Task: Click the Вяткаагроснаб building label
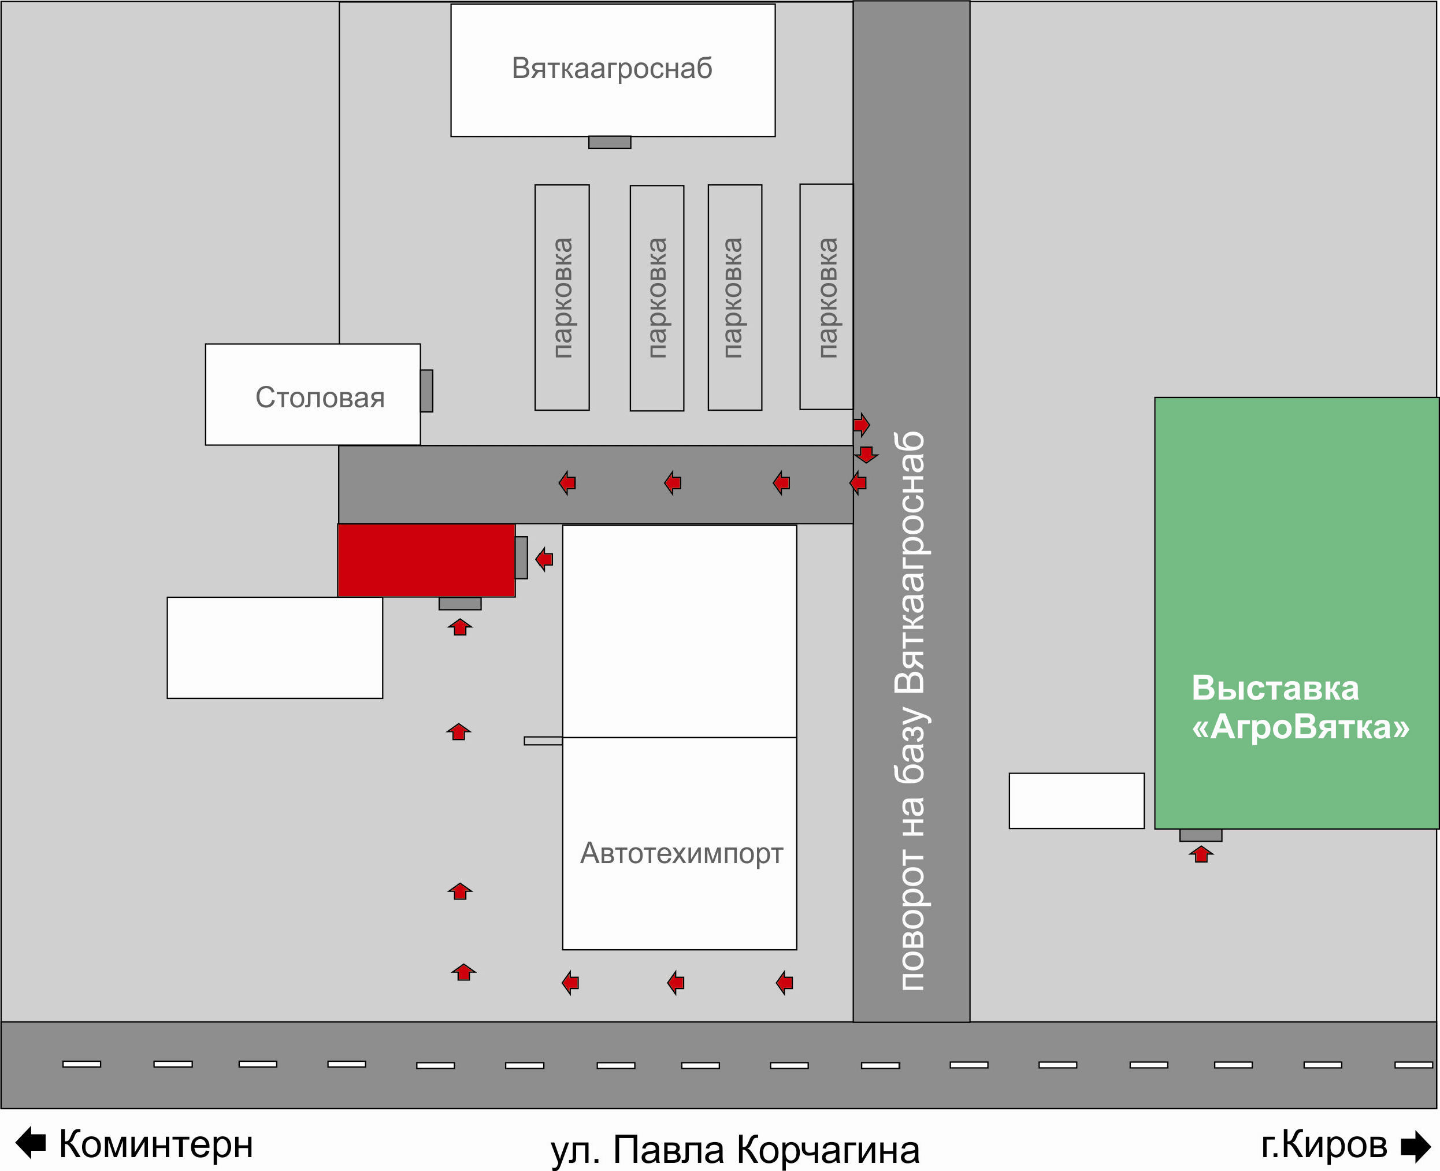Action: (x=612, y=68)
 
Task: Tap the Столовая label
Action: (x=320, y=397)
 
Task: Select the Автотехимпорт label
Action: (x=681, y=854)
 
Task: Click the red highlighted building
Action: (x=426, y=560)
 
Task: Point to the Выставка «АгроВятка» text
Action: (x=1300, y=708)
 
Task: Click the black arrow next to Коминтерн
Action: (x=31, y=1143)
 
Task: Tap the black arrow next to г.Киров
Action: (x=1416, y=1146)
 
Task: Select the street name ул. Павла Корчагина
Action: (x=735, y=1150)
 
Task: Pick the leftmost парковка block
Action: (x=562, y=298)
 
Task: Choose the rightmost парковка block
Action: (x=827, y=297)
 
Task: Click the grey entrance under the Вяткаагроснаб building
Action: (x=609, y=142)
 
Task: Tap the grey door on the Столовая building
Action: (x=426, y=391)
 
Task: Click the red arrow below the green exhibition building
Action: (x=1201, y=854)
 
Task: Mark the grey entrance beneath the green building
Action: (x=1200, y=835)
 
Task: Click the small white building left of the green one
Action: (x=1077, y=801)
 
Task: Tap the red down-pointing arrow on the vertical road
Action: (x=866, y=454)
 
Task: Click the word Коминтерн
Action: (x=156, y=1144)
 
